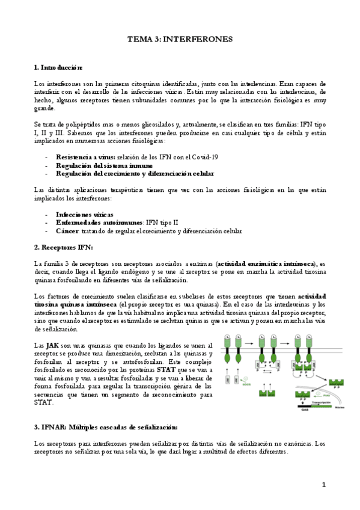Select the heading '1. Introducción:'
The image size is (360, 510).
58,68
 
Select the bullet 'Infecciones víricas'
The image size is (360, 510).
85,214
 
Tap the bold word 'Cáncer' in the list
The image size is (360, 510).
67,231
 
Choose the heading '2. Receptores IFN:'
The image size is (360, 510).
64,247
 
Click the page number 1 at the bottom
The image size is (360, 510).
323,484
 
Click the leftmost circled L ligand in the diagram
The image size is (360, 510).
228,338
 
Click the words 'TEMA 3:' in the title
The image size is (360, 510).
144,39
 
